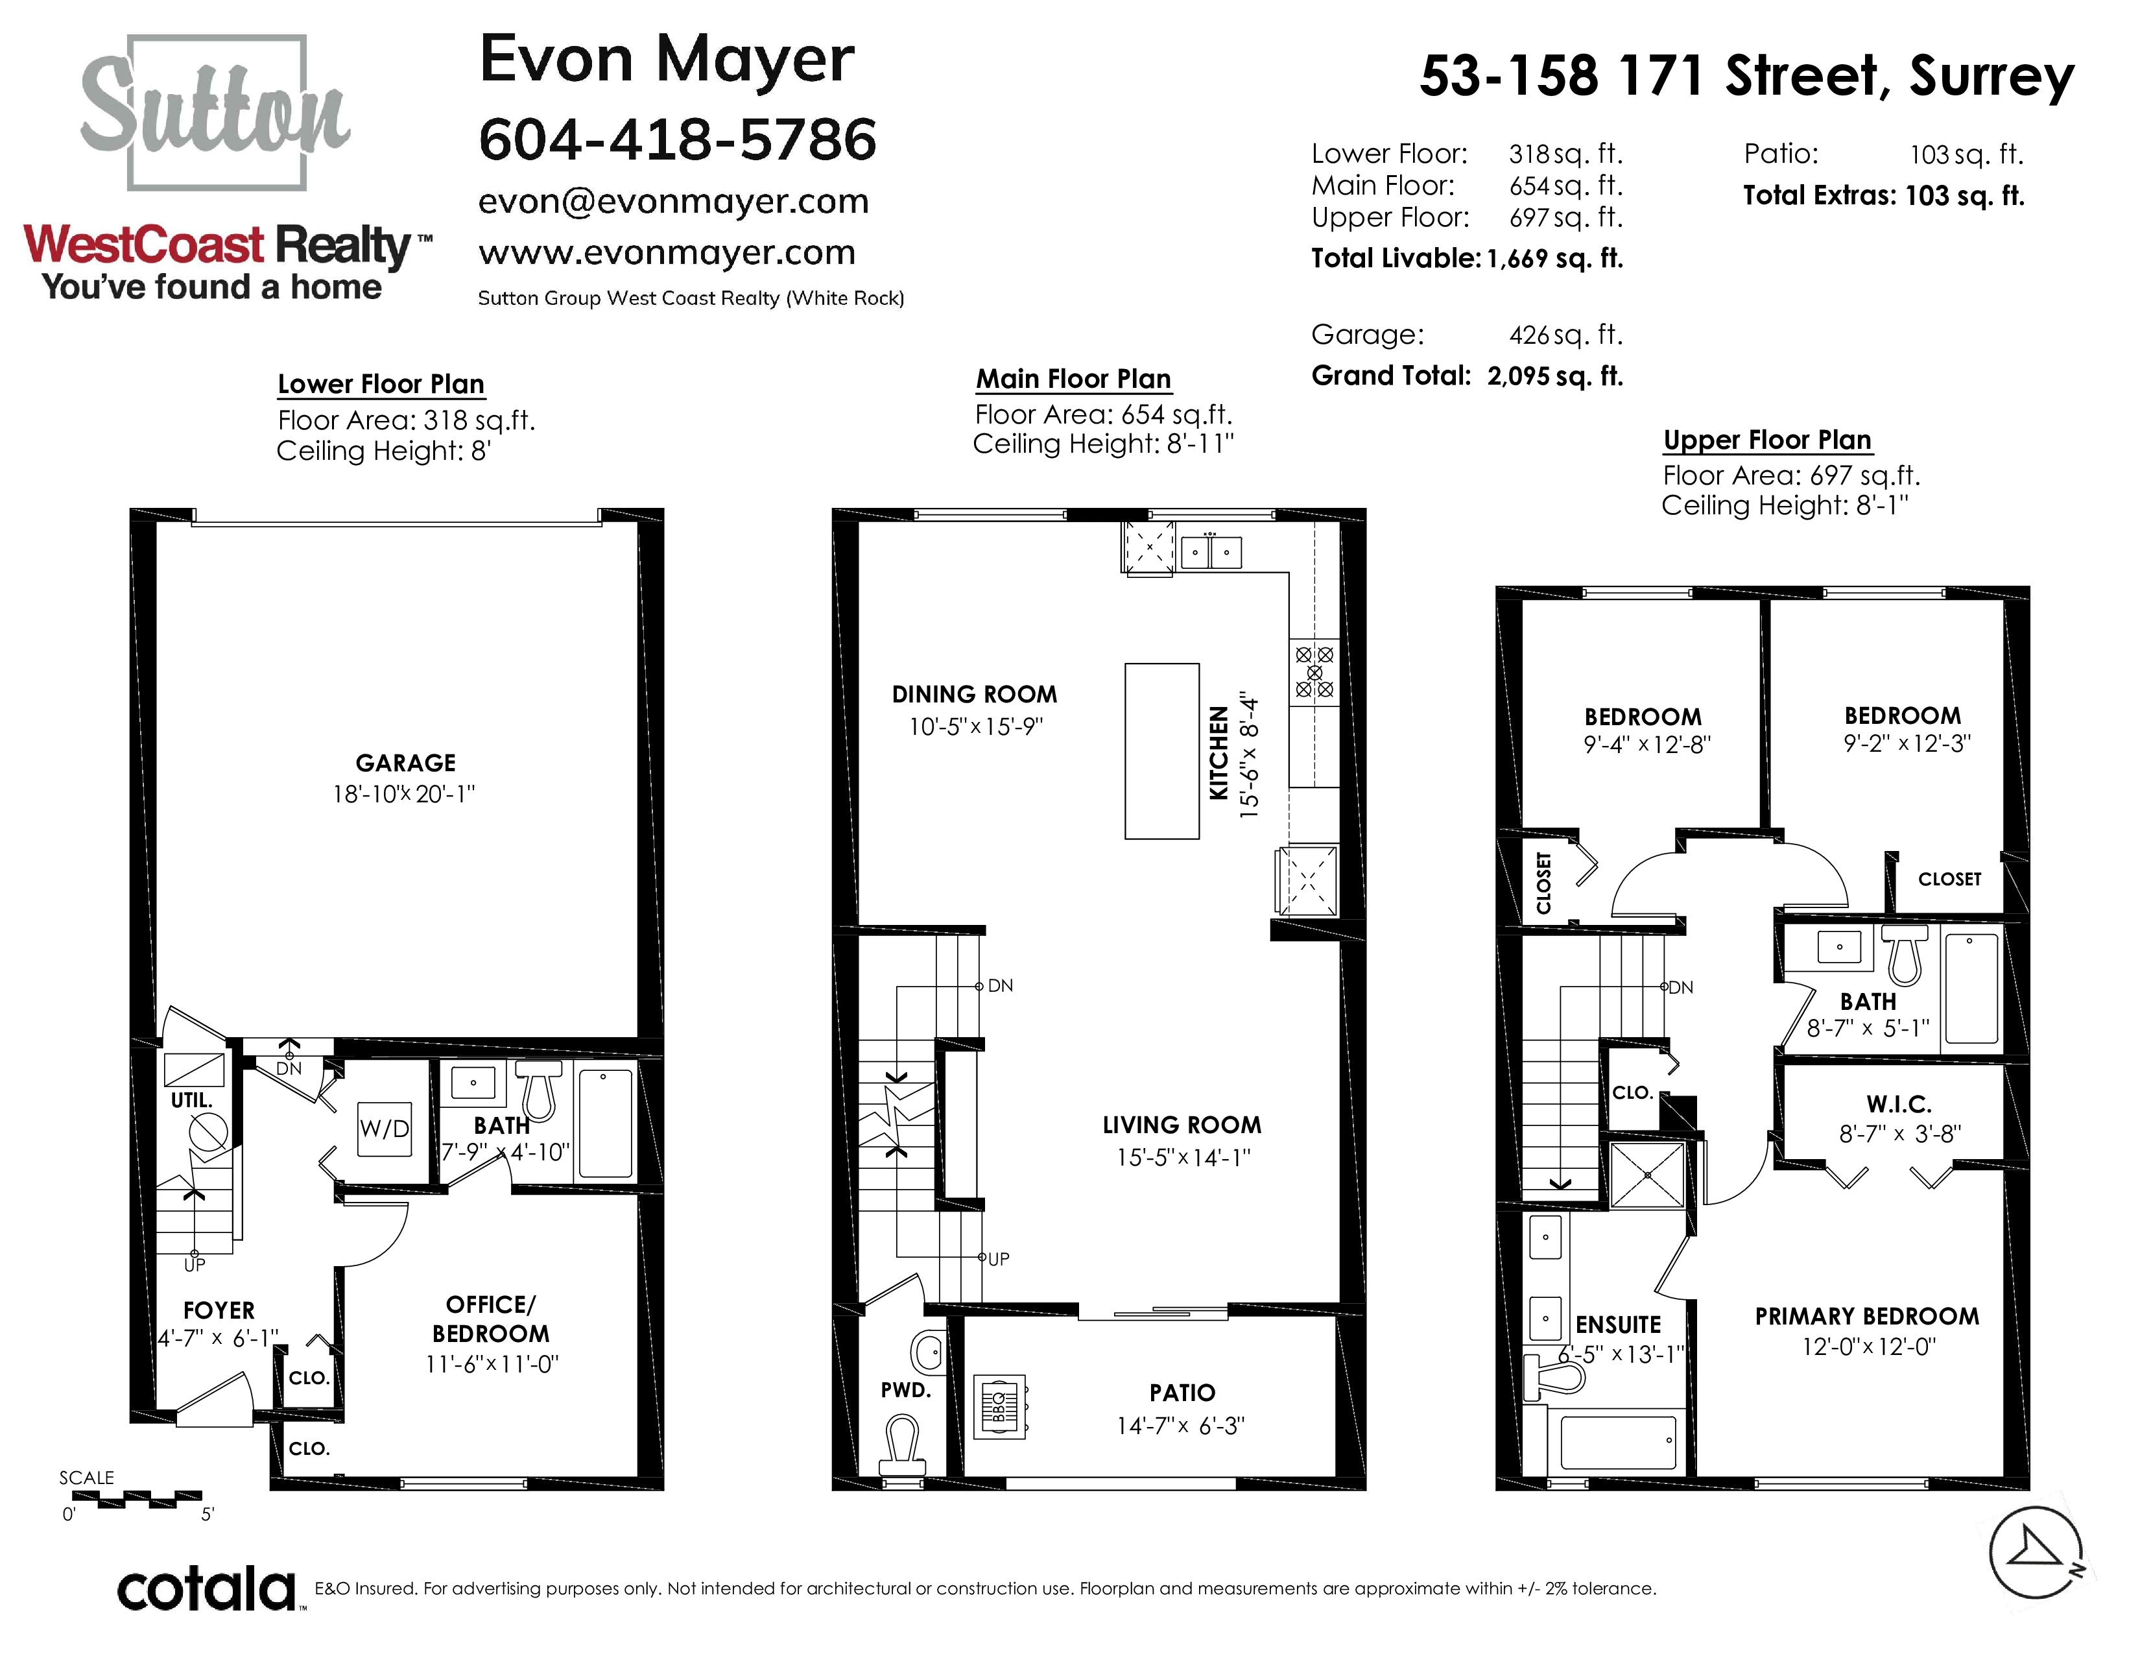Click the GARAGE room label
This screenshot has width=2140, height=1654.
click(406, 762)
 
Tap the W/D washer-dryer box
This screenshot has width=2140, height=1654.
click(384, 1129)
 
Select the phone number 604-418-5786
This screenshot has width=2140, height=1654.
click(677, 139)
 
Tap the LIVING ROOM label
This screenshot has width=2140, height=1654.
click(1182, 1125)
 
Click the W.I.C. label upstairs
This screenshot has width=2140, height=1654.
click(1899, 1105)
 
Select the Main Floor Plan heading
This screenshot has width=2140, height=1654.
click(1073, 379)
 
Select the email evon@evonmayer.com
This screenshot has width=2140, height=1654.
click(673, 201)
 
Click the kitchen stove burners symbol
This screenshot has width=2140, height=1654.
click(1314, 672)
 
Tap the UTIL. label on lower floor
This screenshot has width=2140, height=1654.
click(191, 1100)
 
